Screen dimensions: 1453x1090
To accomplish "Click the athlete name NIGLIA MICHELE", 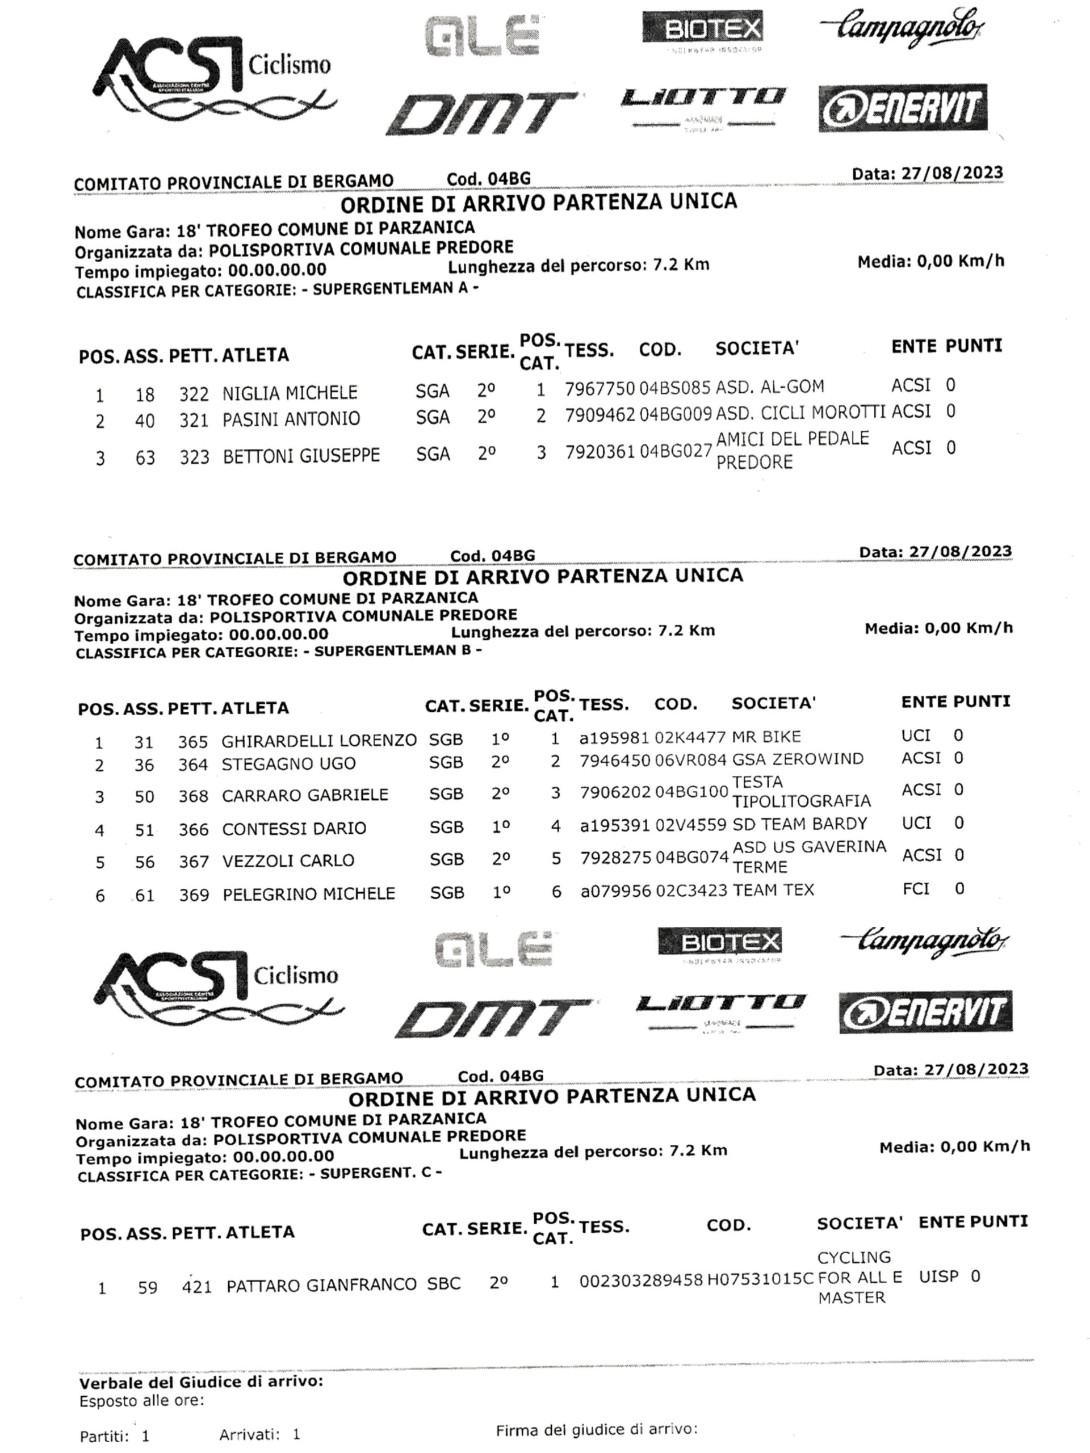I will [x=289, y=393].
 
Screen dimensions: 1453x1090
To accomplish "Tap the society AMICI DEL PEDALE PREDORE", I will [x=792, y=450].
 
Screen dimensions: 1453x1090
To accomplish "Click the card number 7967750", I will [x=599, y=389].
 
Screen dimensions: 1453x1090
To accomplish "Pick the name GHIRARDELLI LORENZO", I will [x=318, y=741].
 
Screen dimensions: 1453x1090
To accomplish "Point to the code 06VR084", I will [x=690, y=760].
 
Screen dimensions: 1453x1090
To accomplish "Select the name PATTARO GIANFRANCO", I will [x=321, y=1285].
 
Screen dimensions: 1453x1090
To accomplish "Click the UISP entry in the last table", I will [x=938, y=1276].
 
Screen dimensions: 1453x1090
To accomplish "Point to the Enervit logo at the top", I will [x=902, y=108].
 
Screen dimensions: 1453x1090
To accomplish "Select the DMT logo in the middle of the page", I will [x=492, y=1019].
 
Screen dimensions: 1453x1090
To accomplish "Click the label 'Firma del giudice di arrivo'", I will [x=596, y=1429].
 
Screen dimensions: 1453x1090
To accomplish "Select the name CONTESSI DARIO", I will [x=294, y=828].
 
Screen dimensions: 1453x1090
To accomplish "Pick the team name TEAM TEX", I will [x=773, y=890].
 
